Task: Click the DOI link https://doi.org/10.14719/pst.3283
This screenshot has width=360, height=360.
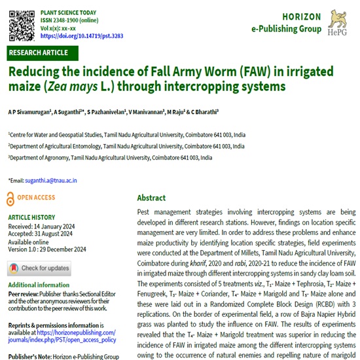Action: (x=81, y=37)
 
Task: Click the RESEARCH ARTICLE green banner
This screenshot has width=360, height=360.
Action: (x=39, y=53)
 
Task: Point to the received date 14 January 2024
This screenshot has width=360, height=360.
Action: (x=56, y=226)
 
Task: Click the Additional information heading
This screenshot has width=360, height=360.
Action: (x=40, y=285)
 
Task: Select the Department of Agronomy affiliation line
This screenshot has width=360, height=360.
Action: (x=110, y=158)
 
